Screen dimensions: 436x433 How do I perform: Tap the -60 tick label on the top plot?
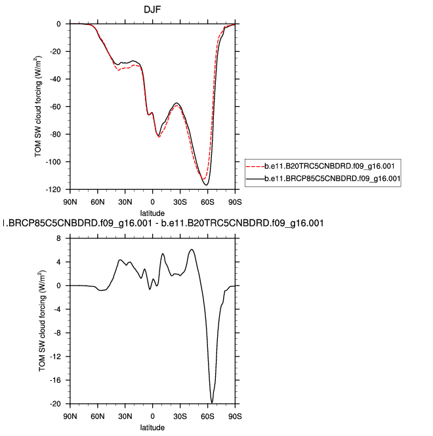[x=57, y=107]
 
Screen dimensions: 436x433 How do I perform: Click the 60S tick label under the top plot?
[x=207, y=202]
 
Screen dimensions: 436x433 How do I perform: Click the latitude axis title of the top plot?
[x=152, y=213]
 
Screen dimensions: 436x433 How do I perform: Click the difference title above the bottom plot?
[x=165, y=224]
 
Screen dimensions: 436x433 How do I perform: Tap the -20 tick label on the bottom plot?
[x=58, y=404]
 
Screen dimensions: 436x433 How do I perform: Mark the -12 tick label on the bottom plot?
[x=58, y=357]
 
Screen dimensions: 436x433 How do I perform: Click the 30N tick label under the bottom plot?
[x=125, y=416]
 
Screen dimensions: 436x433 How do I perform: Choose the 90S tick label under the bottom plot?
[x=235, y=416]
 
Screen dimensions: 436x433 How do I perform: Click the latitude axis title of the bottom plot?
[x=152, y=427]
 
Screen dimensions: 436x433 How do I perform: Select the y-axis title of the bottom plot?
[x=43, y=320]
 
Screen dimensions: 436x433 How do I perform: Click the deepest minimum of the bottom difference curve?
[x=212, y=403]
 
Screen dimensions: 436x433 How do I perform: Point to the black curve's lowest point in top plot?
[x=207, y=185]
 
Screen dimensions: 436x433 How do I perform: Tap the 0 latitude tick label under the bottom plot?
[x=152, y=416]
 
